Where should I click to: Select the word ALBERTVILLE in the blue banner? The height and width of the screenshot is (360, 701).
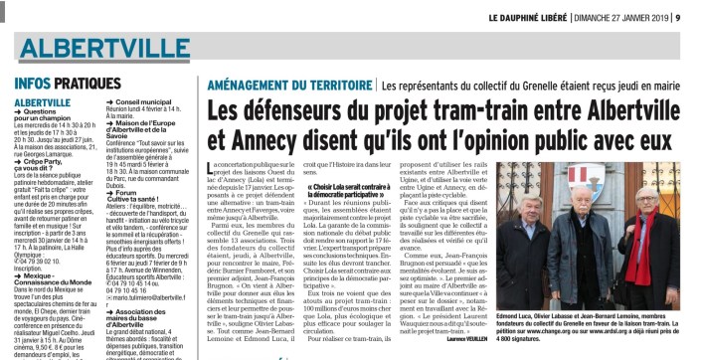[x=100, y=50]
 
